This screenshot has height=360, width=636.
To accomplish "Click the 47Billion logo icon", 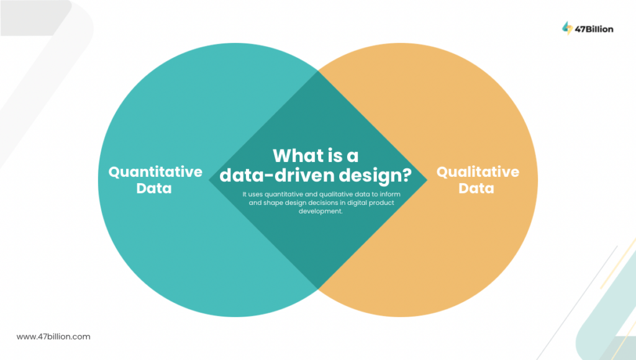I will coord(566,27).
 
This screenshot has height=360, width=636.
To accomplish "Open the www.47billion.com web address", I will coord(53,336).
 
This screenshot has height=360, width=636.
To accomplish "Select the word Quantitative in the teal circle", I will coord(155,172).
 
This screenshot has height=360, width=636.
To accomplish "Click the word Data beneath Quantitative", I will coord(155,187).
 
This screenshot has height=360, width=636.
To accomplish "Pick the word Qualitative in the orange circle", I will coord(478,172).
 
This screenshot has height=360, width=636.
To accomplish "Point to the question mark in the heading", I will coord(404,176).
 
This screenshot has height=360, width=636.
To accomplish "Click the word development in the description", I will coord(318,211).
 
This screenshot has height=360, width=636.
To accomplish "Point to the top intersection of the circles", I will coord(318,71).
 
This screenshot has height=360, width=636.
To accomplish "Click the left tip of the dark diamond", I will coord(209,181).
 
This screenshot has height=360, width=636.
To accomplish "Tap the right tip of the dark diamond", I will coord(427,181).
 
